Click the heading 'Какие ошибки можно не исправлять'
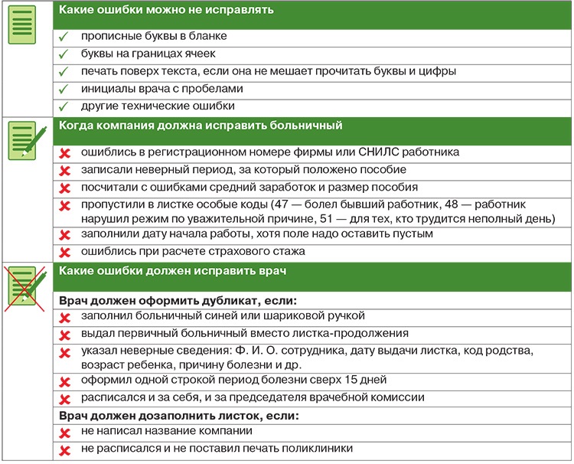[x=168, y=10]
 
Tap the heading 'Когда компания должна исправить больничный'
[x=201, y=125]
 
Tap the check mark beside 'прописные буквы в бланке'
[x=64, y=36]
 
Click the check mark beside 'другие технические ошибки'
[x=64, y=106]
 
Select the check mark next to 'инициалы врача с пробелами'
[x=64, y=89]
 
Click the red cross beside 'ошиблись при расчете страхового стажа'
[x=65, y=252]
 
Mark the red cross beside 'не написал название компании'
[x=65, y=433]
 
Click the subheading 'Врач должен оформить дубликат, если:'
[x=178, y=298]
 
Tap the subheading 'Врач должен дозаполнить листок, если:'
[x=178, y=416]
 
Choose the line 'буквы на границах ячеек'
[x=148, y=54]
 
